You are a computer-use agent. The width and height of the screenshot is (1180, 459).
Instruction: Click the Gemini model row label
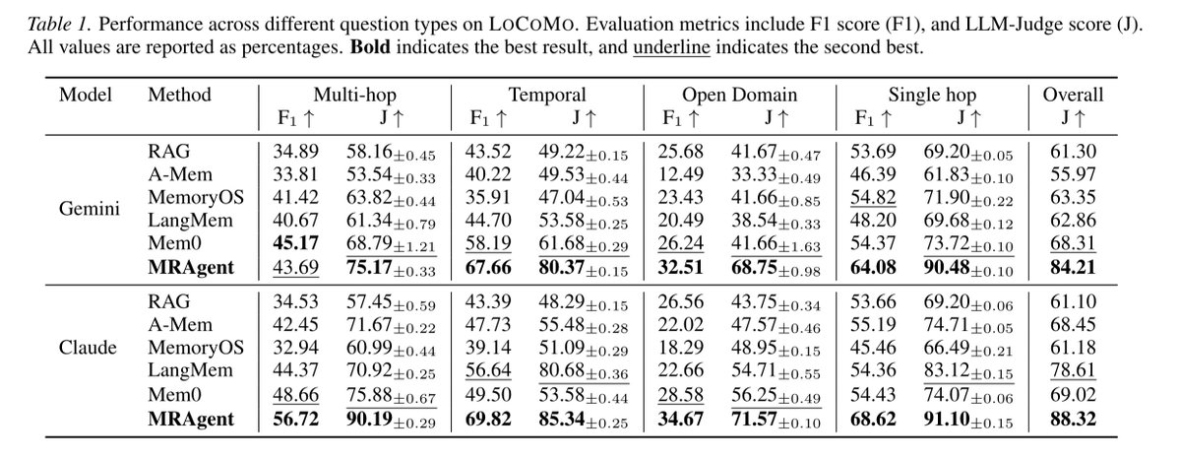coord(90,209)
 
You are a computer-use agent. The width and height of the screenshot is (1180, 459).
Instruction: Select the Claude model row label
coord(88,349)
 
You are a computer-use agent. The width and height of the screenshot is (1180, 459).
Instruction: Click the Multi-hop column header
coord(354,95)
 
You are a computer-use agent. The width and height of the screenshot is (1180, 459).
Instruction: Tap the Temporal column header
coord(547,95)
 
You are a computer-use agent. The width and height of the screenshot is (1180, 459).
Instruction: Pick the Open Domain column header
coord(740,95)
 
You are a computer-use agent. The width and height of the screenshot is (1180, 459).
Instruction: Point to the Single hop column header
coord(932,95)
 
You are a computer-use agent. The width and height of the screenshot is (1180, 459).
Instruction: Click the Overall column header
coord(1073,95)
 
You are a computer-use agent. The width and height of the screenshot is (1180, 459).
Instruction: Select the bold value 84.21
coord(1073,268)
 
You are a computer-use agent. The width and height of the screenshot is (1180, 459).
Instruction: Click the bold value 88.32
coord(1073,419)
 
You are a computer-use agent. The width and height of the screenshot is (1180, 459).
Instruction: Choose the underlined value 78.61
coord(1073,371)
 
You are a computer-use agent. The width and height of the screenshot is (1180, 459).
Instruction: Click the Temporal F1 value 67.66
coord(488,268)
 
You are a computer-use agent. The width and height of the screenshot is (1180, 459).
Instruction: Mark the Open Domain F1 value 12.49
coord(681,175)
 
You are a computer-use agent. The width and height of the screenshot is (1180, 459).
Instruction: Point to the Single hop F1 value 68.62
coord(874,419)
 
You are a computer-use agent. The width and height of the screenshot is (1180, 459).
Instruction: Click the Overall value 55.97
coord(1073,175)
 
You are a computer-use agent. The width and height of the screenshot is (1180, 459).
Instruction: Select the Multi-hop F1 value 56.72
coord(296,419)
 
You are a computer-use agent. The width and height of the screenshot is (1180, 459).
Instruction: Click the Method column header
coord(180,95)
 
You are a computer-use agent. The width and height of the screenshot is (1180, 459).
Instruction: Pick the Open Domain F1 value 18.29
coord(681,349)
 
